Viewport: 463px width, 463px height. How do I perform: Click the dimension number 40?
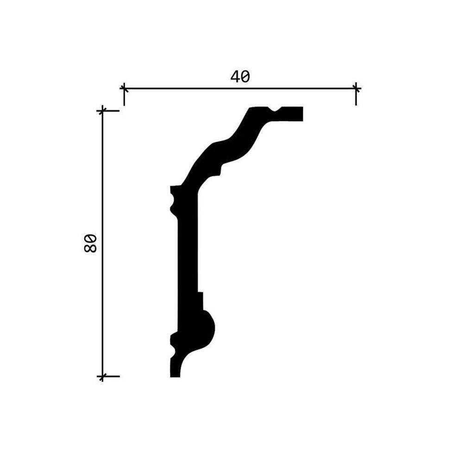click(x=240, y=77)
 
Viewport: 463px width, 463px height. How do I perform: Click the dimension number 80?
click(x=90, y=244)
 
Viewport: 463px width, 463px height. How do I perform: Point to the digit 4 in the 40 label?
click(x=235, y=77)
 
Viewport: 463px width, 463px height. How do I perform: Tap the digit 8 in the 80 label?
click(x=90, y=248)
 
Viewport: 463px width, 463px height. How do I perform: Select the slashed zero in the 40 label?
click(x=245, y=77)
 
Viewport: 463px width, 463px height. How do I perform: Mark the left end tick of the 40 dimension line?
click(x=124, y=88)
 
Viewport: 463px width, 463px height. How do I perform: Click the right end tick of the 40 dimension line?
click(x=356, y=88)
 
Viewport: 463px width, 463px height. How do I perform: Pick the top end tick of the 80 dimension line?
click(x=102, y=111)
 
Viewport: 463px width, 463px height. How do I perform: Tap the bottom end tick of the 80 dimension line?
click(x=102, y=376)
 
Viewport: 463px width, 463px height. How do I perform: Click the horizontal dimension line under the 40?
click(x=240, y=88)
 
